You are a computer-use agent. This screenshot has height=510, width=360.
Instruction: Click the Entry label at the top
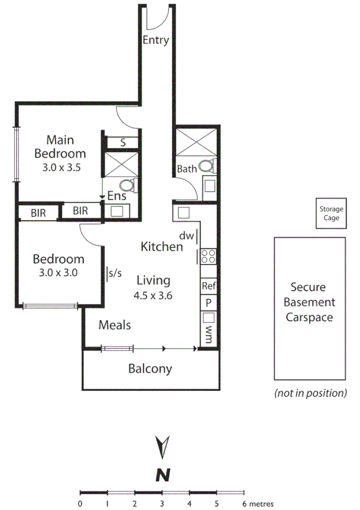(x=156, y=41)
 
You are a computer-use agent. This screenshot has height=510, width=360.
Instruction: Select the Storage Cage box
(x=331, y=214)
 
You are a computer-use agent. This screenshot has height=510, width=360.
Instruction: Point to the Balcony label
(x=150, y=369)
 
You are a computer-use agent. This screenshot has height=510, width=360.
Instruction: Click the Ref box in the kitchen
(x=209, y=286)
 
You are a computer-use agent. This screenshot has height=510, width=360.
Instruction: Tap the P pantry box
(x=209, y=303)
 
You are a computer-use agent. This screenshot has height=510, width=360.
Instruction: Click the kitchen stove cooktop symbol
(x=208, y=257)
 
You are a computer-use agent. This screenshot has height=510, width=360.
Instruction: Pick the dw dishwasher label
(x=186, y=236)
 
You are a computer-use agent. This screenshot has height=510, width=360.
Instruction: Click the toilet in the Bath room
(x=206, y=167)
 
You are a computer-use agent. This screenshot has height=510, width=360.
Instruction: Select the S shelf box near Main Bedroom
(x=123, y=143)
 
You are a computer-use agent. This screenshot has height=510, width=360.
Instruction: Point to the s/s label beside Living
(x=115, y=273)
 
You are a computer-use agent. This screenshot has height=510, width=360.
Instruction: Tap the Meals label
(x=115, y=325)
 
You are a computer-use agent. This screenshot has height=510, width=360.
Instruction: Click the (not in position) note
(x=310, y=393)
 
